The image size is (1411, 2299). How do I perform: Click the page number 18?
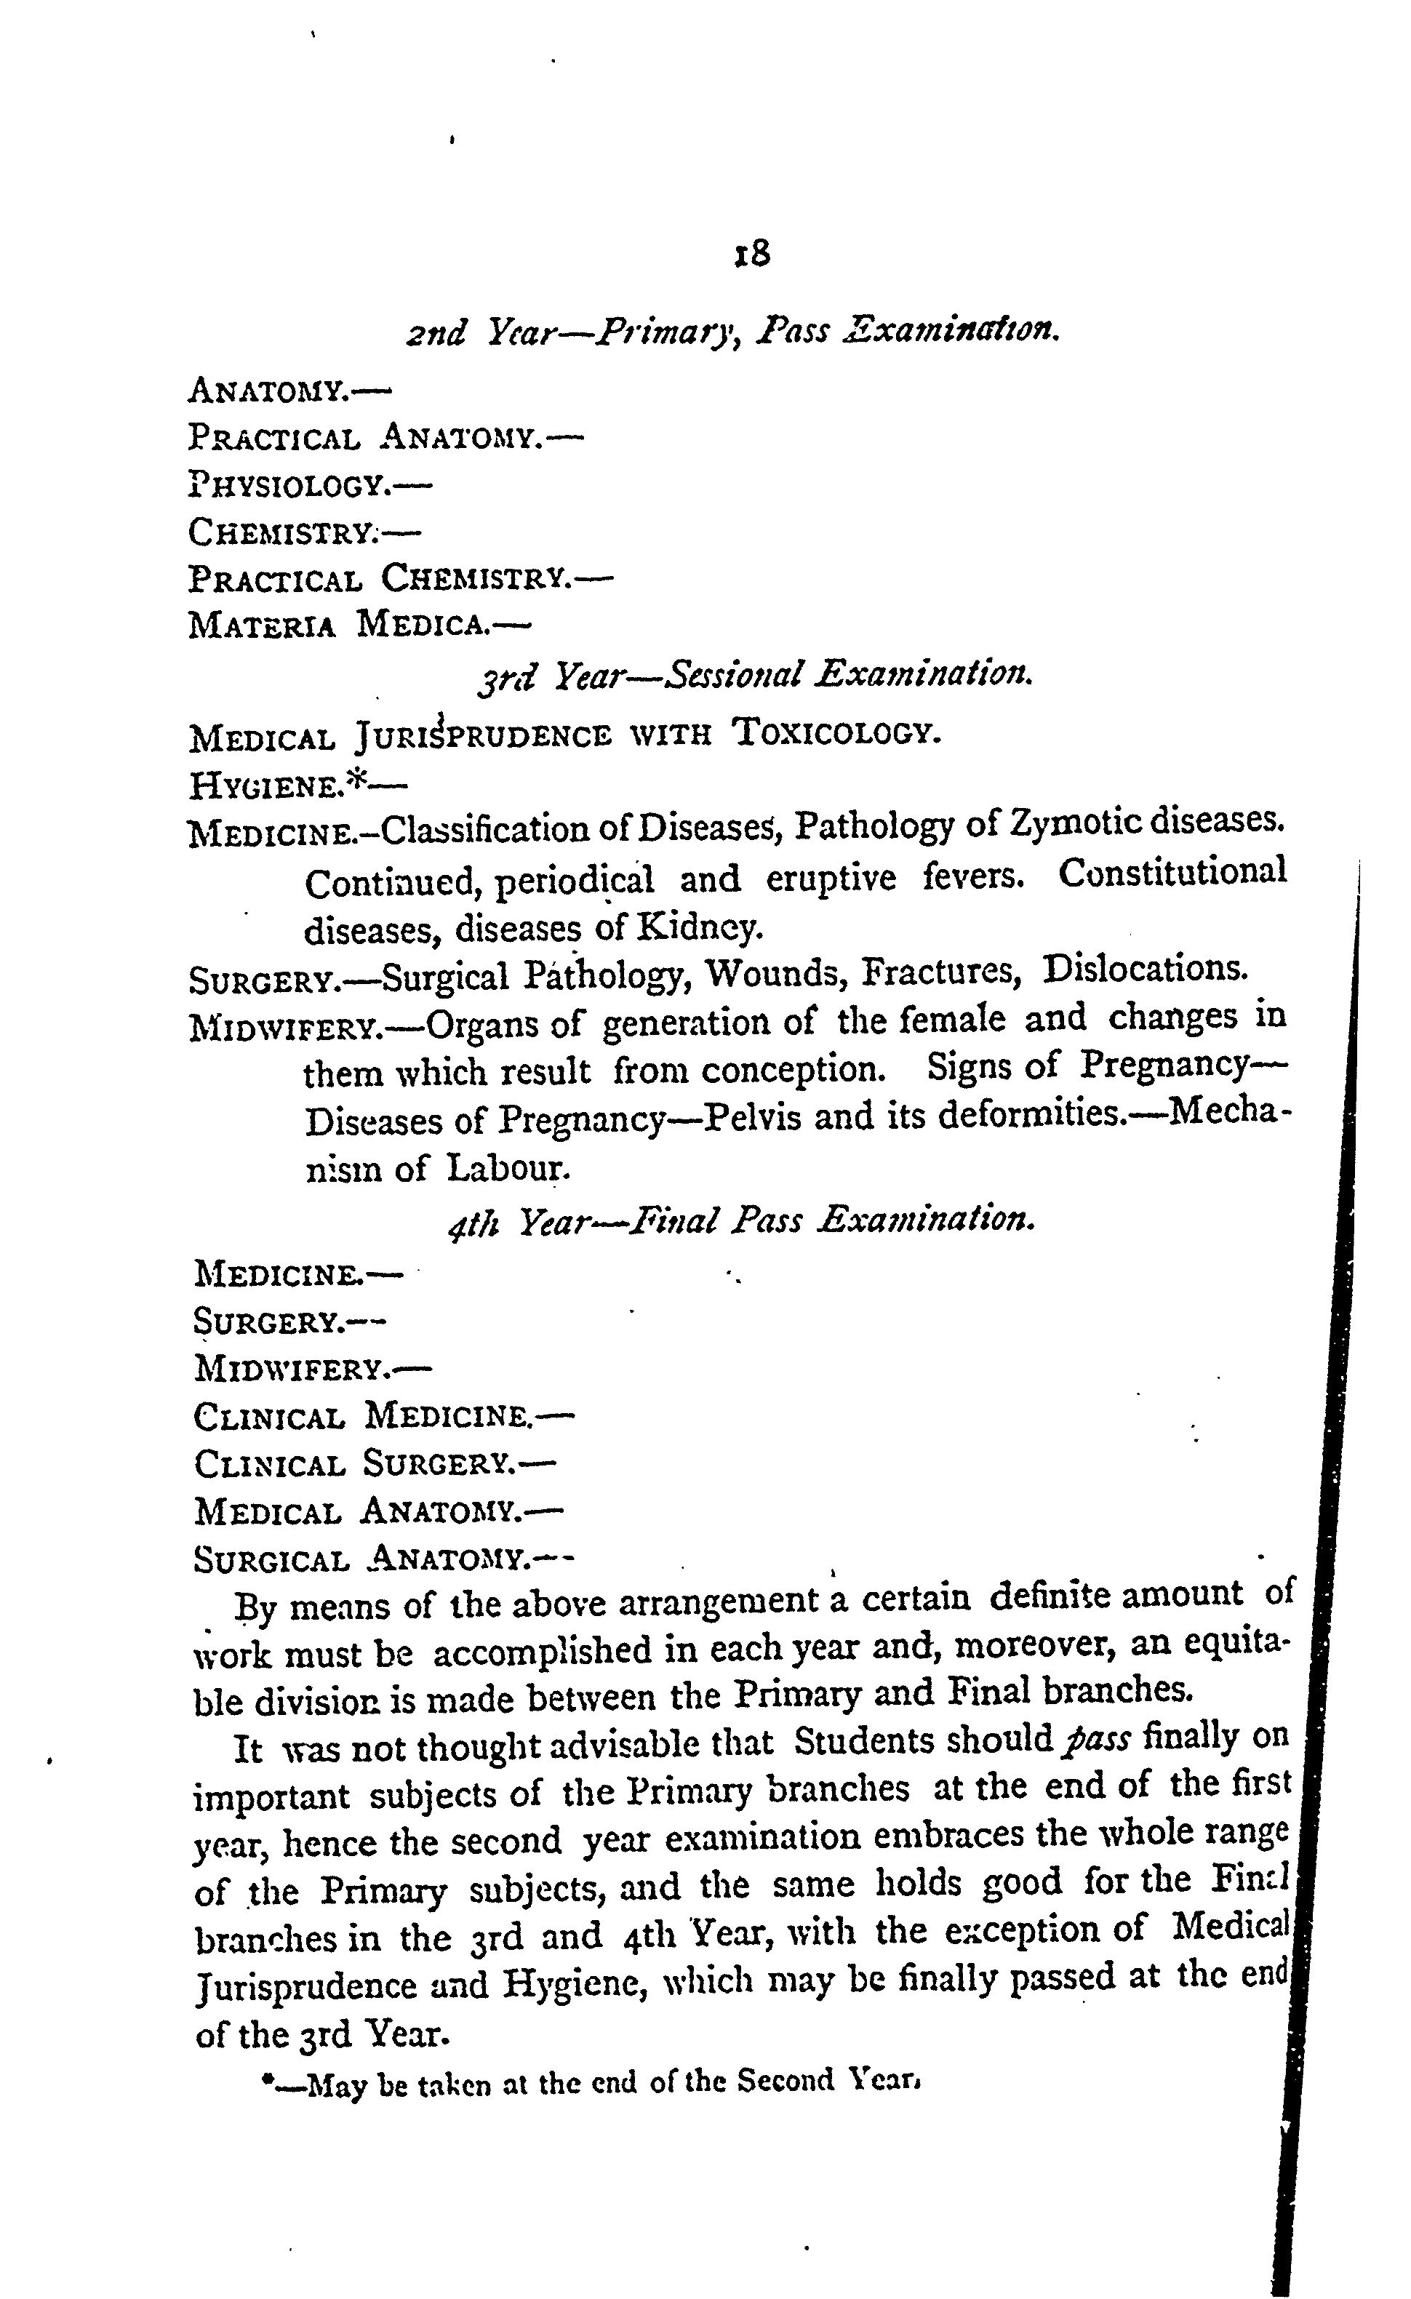[751, 254]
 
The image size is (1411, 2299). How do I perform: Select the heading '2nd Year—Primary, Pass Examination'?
[732, 331]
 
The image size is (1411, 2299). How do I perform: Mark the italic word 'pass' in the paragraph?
[1098, 1738]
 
